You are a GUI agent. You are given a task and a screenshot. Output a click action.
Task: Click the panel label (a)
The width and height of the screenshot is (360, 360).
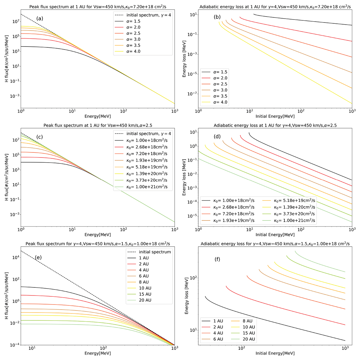40,18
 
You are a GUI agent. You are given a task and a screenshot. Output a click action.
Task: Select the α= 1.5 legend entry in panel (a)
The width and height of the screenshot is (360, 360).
133,21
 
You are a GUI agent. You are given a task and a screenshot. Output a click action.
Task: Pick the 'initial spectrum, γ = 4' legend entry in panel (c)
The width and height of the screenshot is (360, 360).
149,133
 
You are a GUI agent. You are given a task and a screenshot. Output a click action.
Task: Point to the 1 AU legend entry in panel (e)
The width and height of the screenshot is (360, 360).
142,258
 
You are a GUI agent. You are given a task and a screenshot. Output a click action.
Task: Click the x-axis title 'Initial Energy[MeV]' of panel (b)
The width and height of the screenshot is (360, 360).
275,116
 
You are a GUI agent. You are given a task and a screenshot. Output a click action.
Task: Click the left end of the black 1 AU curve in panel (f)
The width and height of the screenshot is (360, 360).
205,296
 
